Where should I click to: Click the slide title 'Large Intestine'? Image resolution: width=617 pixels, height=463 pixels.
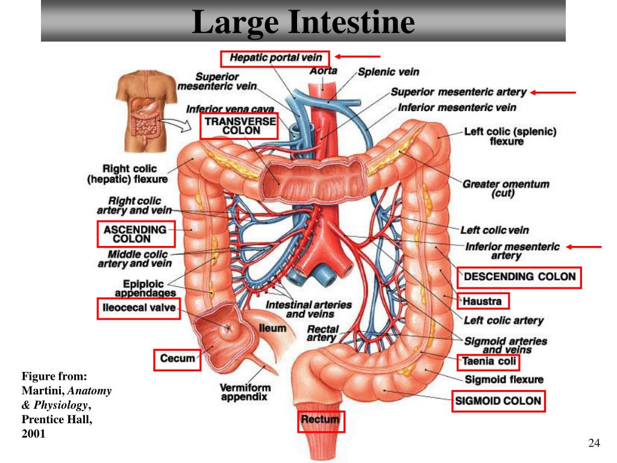point(303,22)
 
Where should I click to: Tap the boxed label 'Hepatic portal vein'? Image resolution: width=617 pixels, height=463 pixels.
point(275,58)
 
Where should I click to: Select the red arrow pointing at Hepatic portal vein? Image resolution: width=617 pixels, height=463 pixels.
point(357,57)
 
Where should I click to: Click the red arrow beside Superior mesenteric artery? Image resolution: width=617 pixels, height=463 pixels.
point(553,92)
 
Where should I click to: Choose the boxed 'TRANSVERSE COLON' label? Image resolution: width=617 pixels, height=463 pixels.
point(239,126)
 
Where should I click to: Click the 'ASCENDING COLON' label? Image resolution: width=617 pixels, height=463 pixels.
point(136,234)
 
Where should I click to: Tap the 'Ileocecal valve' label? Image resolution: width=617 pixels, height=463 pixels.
point(139,308)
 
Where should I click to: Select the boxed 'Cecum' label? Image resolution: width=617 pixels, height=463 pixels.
point(177,359)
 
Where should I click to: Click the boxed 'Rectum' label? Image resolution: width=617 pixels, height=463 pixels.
point(321,421)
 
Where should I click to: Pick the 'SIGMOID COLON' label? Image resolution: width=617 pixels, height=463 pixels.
point(498,401)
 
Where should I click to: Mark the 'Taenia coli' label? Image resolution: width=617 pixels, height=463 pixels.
point(488,362)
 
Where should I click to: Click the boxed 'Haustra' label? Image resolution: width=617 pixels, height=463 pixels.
point(483,301)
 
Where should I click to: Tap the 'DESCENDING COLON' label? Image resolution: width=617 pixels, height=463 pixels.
point(519,277)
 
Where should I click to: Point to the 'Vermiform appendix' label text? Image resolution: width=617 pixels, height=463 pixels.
point(245,392)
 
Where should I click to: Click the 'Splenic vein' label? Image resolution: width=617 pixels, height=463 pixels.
point(389,72)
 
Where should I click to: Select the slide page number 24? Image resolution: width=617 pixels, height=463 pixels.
point(594,443)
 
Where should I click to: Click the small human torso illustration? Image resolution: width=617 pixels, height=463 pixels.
point(146,111)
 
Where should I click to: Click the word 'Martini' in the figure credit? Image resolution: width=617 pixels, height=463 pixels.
point(43,391)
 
